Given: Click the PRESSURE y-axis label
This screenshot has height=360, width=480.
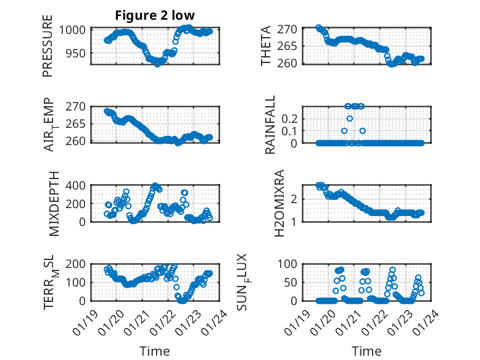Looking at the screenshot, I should coord(48,47).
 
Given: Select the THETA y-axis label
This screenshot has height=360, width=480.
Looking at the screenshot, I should coord(265,47).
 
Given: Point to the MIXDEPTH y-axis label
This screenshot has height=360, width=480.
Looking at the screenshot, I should coord(48,203).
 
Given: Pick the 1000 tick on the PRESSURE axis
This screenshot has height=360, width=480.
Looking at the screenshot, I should coord(77,30).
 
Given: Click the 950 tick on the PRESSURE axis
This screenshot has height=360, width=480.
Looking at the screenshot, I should coord(79,53).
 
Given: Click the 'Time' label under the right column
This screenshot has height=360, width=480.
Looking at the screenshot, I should coord(366,351).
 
